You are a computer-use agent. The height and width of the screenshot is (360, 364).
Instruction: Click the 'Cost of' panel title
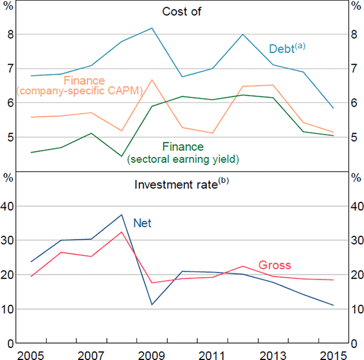(182, 12)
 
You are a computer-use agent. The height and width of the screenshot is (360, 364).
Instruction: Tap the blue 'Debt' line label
(282, 47)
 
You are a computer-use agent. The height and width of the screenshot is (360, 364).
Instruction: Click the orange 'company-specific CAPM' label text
(79, 92)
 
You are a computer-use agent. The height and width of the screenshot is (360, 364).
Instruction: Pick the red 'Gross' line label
(275, 265)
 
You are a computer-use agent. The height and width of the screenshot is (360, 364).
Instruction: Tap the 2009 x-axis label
(152, 353)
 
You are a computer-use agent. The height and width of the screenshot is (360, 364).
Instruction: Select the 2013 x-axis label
(273, 353)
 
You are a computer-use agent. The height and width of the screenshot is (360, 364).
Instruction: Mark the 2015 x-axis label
(333, 353)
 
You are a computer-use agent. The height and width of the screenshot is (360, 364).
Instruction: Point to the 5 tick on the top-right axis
(355, 138)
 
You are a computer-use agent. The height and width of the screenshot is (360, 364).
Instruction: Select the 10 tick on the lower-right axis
(355, 309)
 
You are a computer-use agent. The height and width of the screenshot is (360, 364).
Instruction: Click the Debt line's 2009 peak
(152, 28)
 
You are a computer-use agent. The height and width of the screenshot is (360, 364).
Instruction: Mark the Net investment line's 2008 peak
(122, 215)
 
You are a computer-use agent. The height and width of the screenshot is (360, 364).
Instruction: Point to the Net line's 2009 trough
(152, 304)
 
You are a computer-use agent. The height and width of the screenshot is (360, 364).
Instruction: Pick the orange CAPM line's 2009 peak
(152, 80)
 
